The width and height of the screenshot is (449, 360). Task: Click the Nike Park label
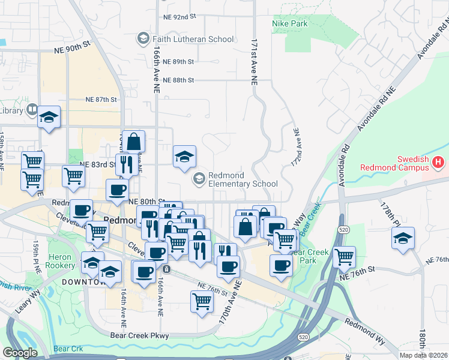point(289,23)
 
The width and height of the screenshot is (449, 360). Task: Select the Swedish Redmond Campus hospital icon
point(438,162)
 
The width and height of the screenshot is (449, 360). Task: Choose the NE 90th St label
point(71,45)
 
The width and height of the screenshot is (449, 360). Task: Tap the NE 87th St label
point(100,99)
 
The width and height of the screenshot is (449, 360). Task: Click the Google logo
point(20,353)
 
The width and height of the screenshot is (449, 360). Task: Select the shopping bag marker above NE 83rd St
point(134,142)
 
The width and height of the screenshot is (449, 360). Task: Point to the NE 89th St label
point(183,62)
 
